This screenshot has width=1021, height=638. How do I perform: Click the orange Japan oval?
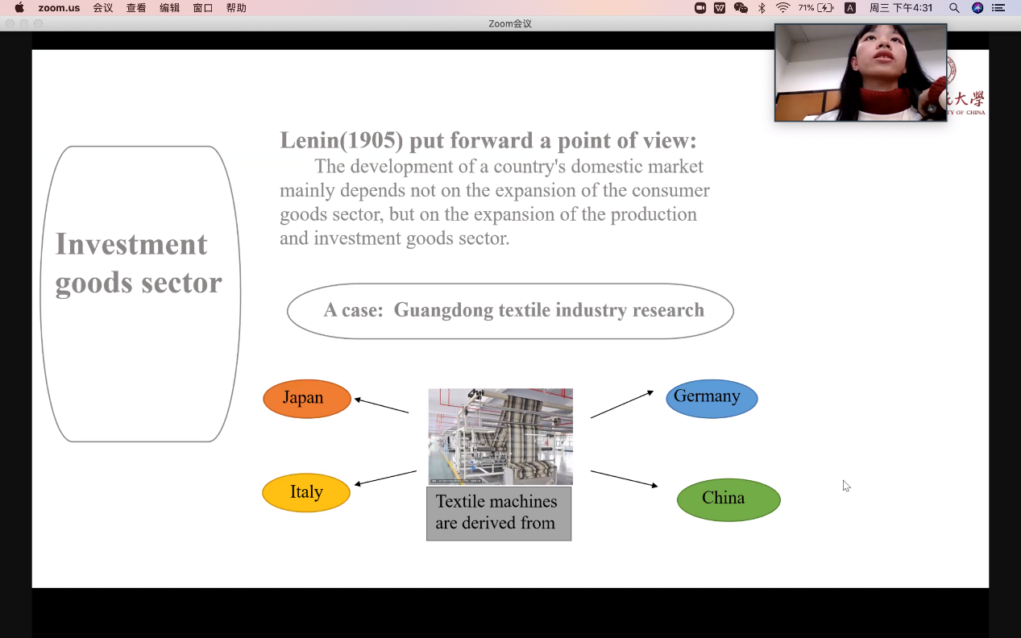307,399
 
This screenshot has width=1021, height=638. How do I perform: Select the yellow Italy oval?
306,493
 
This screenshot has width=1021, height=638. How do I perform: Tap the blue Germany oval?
712,399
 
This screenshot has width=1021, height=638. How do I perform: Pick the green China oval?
728,499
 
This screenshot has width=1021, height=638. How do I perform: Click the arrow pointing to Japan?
382,406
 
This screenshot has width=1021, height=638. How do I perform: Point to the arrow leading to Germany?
621,404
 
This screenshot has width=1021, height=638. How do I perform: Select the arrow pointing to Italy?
385,478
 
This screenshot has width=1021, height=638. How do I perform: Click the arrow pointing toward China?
624,479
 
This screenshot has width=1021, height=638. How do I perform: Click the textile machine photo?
500,437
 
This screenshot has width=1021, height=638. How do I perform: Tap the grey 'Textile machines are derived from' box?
499,513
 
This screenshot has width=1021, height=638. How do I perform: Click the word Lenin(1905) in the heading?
341,141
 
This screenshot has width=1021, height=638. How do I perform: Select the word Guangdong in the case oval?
441,310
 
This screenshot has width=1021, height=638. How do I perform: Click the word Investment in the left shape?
131,244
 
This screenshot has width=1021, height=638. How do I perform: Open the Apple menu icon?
19,8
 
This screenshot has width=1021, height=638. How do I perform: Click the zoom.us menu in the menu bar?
59,8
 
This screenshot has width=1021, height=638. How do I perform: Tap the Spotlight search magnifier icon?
954,8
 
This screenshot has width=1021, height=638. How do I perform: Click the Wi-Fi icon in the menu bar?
782,8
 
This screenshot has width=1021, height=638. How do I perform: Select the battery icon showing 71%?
825,8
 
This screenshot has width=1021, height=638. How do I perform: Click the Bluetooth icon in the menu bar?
762,8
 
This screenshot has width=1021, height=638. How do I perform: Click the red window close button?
10,23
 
